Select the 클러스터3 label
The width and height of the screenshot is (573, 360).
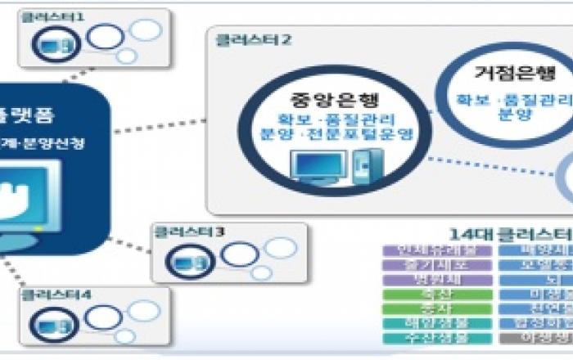coord(188,232)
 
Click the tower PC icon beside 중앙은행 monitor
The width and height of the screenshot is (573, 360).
coord(359,168)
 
